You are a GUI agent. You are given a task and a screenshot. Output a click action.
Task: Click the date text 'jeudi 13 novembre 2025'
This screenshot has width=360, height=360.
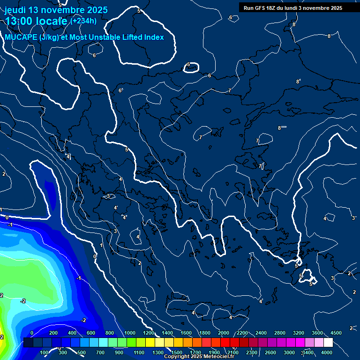pos(56,10)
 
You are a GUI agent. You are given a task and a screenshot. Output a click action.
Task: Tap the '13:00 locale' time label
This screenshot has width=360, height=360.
pos(36,21)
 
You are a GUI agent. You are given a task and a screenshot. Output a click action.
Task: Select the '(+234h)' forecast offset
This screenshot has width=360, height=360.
pos(83,21)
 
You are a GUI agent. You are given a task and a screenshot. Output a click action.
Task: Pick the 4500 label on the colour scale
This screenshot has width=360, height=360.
pos(336,333)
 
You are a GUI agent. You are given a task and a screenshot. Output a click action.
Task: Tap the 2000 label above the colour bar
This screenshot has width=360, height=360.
pos(224,333)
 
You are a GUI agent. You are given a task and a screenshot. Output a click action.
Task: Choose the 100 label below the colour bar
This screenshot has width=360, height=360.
pos(44,352)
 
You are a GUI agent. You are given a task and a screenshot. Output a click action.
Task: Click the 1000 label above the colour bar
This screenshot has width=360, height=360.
pos(130,333)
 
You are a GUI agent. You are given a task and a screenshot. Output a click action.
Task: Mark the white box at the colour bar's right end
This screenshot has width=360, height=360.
pos(328,343)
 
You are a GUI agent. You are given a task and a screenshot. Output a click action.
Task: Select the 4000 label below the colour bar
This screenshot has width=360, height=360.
pos(327,352)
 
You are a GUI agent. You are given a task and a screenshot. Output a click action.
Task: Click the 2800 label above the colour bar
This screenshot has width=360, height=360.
pos(280,333)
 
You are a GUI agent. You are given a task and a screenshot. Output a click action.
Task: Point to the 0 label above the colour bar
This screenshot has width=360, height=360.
pos(32,333)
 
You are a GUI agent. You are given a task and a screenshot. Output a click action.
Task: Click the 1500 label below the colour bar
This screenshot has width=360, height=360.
pos(177,352)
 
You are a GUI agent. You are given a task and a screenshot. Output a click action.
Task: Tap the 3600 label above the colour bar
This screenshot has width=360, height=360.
pos(317,333)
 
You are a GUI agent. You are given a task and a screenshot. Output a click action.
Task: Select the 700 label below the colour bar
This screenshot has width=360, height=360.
pos(100,352)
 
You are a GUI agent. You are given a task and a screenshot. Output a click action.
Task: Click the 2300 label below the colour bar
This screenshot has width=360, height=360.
pos(252,352)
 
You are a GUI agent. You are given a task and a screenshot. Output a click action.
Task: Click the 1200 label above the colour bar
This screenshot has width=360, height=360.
pos(149,333)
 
